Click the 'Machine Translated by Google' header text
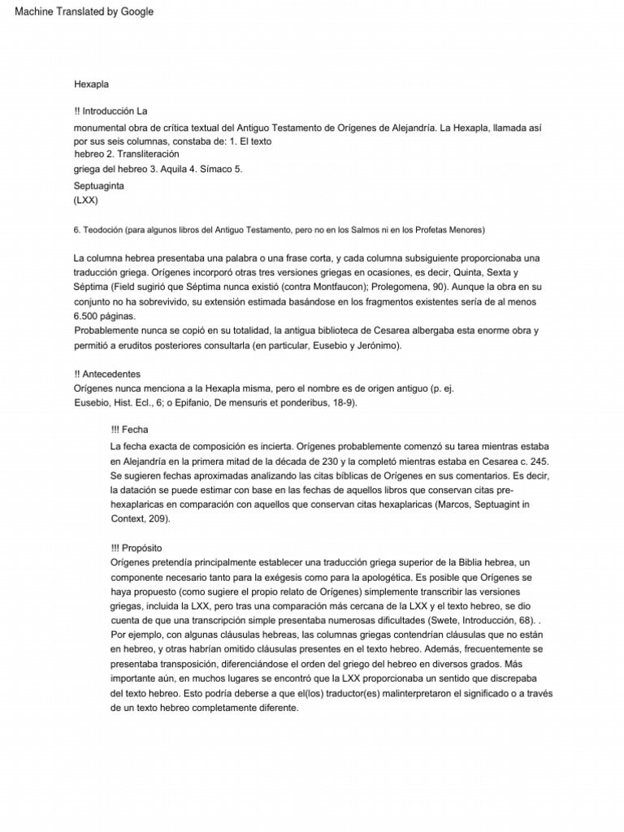[79, 11]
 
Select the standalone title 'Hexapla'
[91, 84]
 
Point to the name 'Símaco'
[209, 169]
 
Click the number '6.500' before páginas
[88, 316]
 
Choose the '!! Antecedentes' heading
[107, 374]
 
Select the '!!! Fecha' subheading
[129, 430]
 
